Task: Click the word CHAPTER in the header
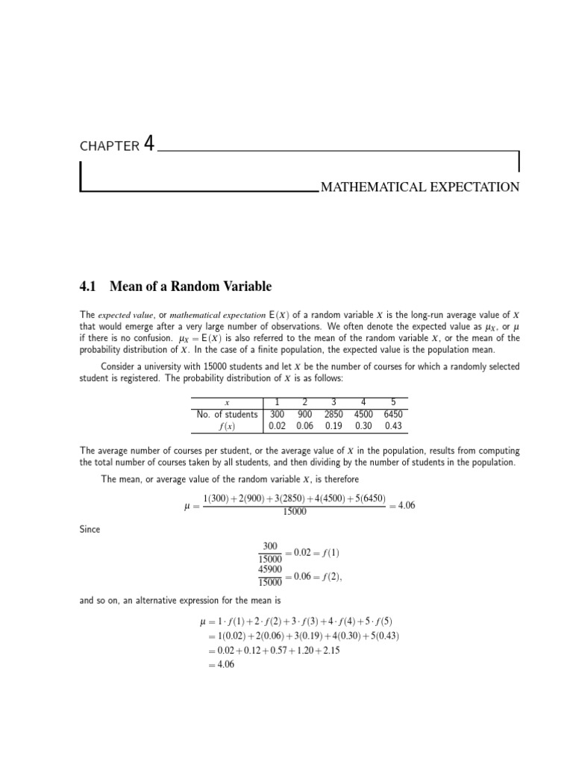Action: pyautogui.click(x=109, y=146)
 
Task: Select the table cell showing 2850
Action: pyautogui.click(x=334, y=414)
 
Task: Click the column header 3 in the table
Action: pyautogui.click(x=334, y=402)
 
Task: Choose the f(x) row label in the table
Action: pyautogui.click(x=226, y=426)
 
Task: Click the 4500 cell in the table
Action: pyautogui.click(x=363, y=414)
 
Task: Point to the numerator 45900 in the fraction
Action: pyautogui.click(x=270, y=569)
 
